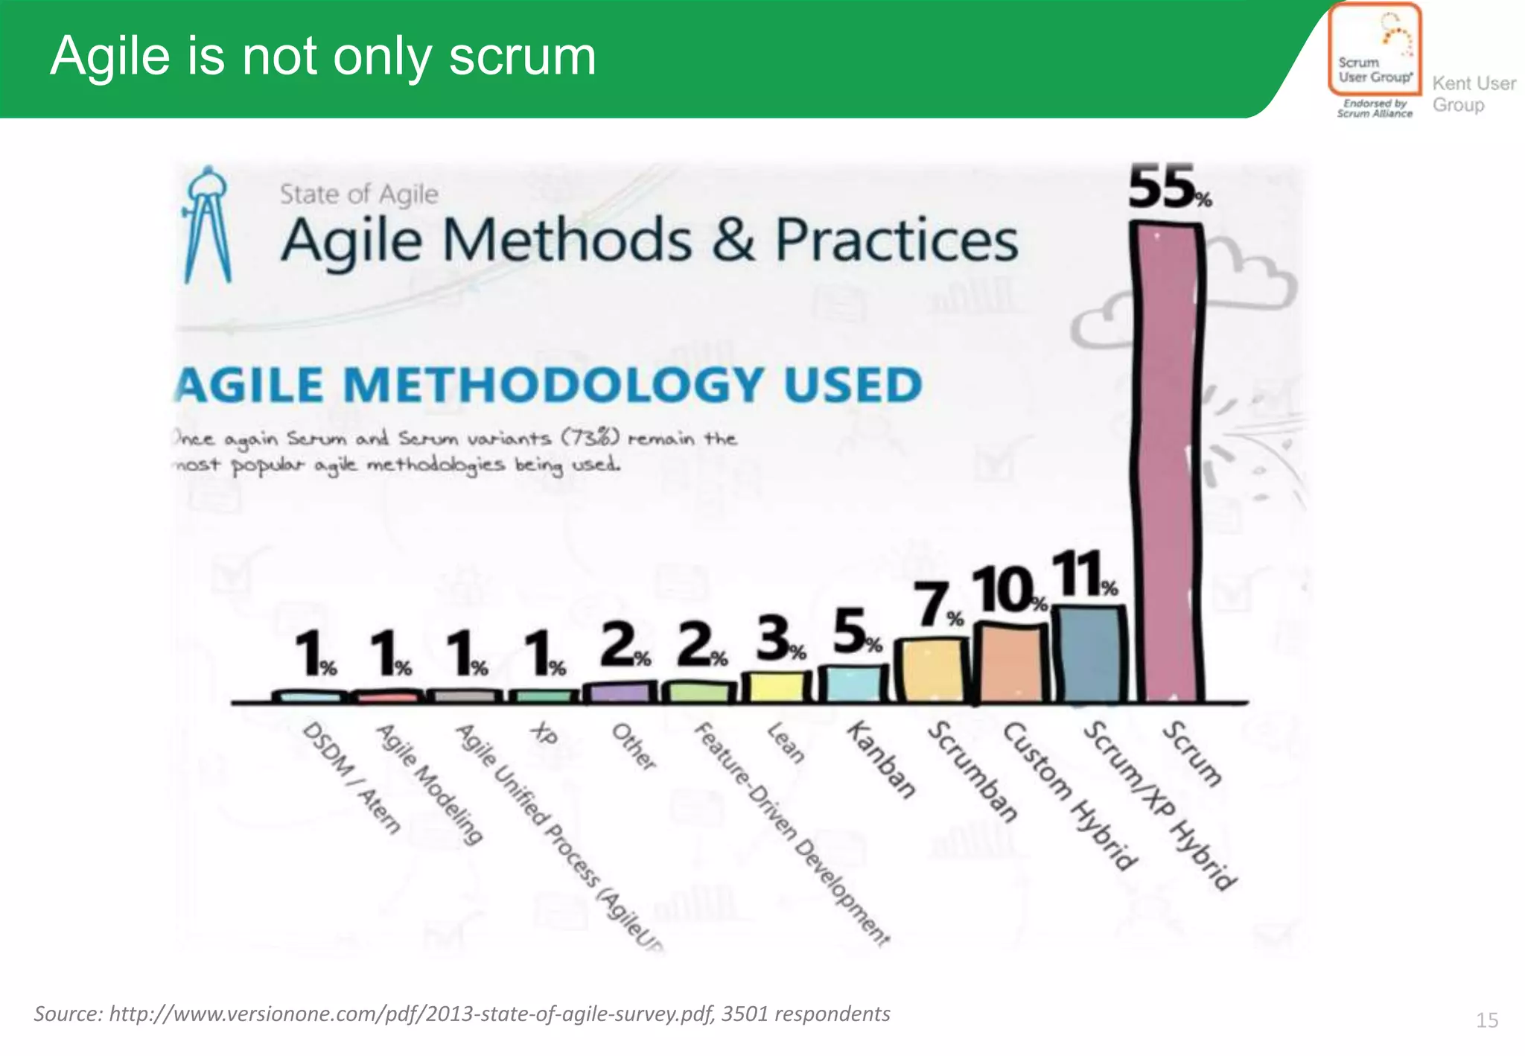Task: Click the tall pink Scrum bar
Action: coord(1167,462)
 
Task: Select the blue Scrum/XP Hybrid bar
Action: coord(1092,655)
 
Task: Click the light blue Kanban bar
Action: coord(854,684)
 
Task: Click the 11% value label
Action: coord(1083,574)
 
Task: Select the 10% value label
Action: coord(1007,590)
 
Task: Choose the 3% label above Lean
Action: coord(779,639)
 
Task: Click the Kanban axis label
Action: coord(881,760)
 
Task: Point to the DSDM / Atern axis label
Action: coord(351,777)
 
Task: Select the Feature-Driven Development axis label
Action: coord(792,833)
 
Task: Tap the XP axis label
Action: coord(544,734)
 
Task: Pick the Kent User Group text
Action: coord(1473,95)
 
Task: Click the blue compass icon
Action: coord(208,224)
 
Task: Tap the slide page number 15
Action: coord(1486,1020)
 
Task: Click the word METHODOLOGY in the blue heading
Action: coord(553,385)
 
